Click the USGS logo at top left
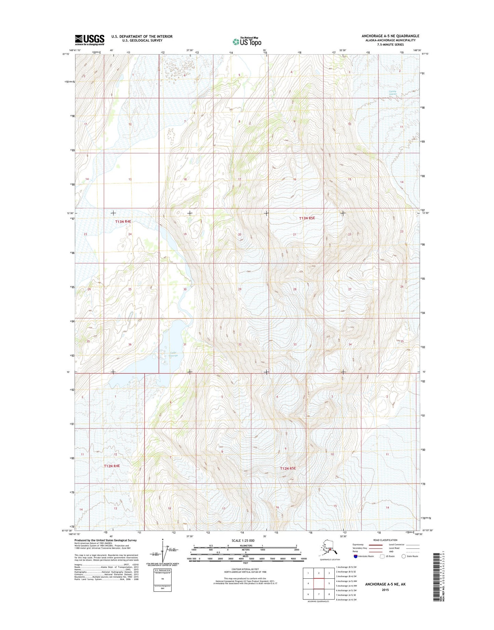click(90, 40)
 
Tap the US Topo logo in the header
click(247, 41)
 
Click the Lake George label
click(173, 354)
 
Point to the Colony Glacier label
click(392, 93)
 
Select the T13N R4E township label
click(123, 221)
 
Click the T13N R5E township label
click(307, 218)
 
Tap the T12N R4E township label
click(112, 466)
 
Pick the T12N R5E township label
click(288, 468)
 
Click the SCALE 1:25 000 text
click(245, 540)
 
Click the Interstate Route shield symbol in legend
click(356, 556)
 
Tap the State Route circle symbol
click(403, 556)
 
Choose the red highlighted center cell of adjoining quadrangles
click(319, 583)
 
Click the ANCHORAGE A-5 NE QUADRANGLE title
click(390, 36)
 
